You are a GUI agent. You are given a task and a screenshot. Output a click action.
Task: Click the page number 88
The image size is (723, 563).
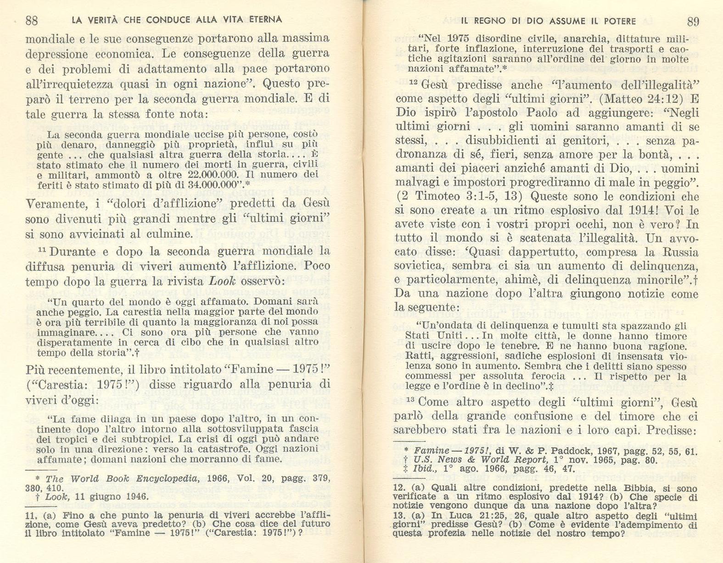click(x=32, y=20)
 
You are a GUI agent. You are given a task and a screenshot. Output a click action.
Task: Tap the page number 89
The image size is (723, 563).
click(x=693, y=21)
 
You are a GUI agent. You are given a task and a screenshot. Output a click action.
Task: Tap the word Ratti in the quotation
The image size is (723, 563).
click(x=417, y=356)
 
